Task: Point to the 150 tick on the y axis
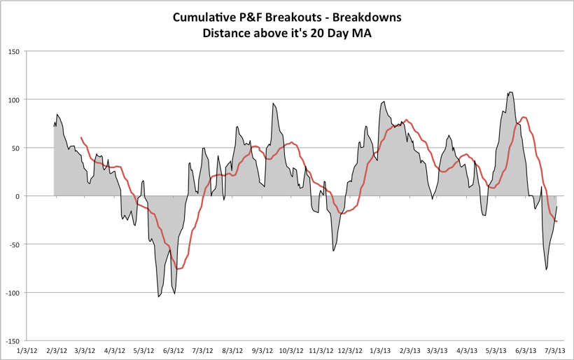click(13, 52)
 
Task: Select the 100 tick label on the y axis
click(13, 99)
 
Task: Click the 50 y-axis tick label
click(15, 148)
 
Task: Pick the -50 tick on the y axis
click(13, 244)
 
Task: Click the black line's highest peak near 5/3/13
click(510, 92)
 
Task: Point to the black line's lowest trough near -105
click(159, 297)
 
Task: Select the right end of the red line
click(557, 222)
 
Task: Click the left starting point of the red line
click(81, 138)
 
